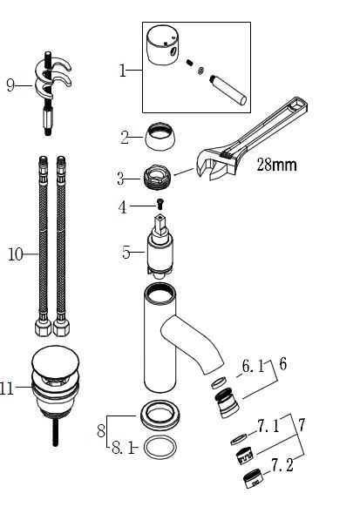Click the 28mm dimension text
point(276,165)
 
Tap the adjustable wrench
point(253,138)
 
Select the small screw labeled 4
point(160,203)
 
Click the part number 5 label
point(126,252)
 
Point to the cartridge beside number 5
point(160,246)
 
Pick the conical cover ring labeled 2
point(160,137)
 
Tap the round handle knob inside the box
point(162,44)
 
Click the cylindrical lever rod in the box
point(228,90)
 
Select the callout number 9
point(10,85)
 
